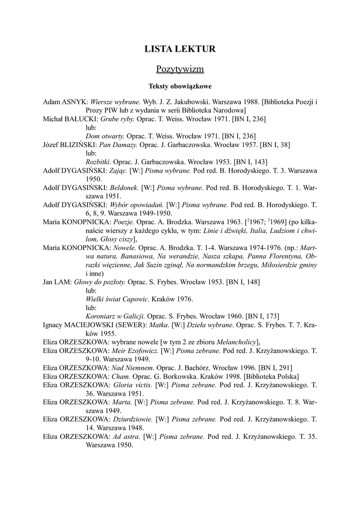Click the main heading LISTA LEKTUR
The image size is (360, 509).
(x=180, y=49)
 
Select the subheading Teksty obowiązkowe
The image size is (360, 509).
(x=180, y=86)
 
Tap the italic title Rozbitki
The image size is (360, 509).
(x=98, y=162)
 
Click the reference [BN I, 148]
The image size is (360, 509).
(x=243, y=282)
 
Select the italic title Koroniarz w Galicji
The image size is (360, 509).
(x=115, y=316)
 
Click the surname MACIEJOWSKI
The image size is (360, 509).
(x=90, y=325)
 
